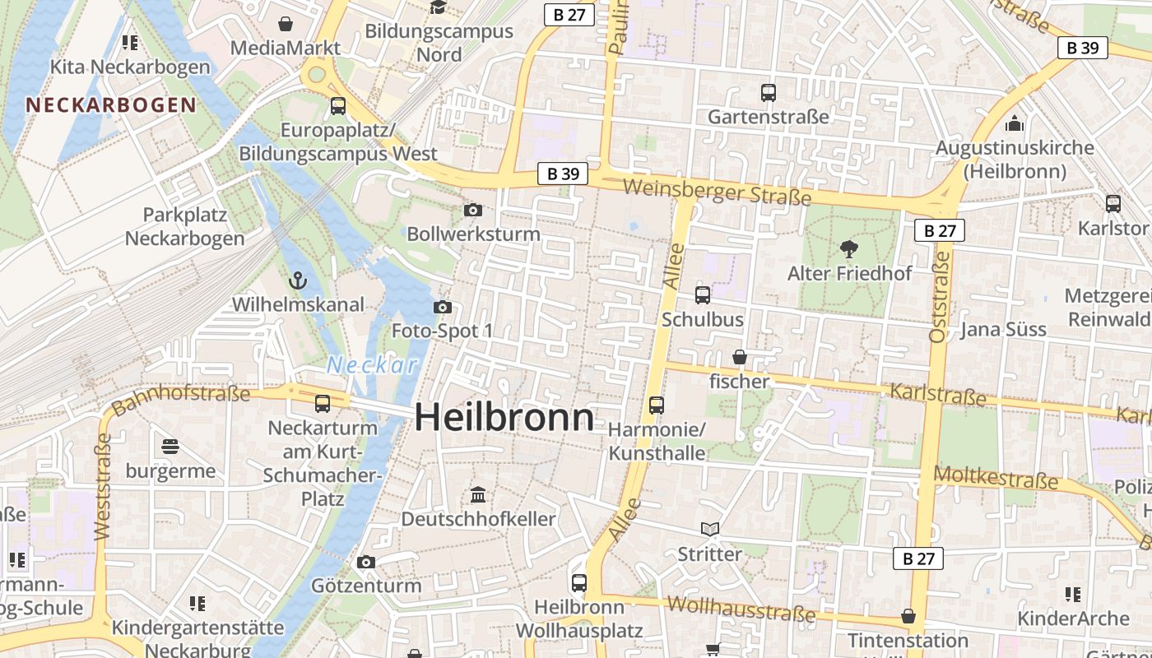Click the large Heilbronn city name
coord(504,418)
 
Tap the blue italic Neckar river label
coord(373,365)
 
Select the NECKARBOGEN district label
coord(111,105)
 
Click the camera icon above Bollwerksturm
coord(473,210)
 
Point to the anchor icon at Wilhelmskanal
coord(298,280)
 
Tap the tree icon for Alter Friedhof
coord(848,248)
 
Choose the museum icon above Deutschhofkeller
coord(478,494)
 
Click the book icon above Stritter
coord(709,529)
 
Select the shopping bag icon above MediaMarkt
coord(285,24)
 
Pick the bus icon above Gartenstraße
coord(768,92)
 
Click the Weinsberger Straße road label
coord(717,192)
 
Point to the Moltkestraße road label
coord(996,478)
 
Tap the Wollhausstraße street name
coord(741,609)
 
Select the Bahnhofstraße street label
coord(180,400)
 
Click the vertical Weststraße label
coord(102,486)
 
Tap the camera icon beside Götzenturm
coord(366,562)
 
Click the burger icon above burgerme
coord(170,447)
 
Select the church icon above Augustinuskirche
coord(1015,123)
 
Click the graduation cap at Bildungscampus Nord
coord(438,7)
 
